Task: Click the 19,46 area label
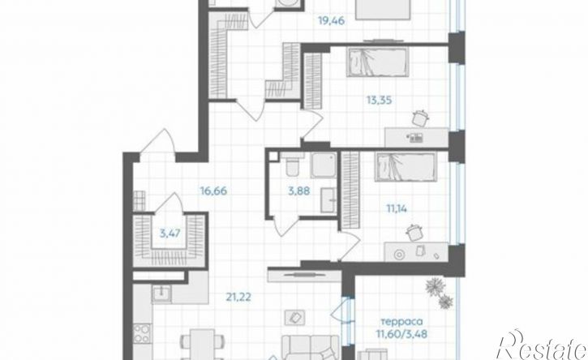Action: point(331,20)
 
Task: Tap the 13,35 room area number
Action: point(379,100)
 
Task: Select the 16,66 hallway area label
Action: point(213,191)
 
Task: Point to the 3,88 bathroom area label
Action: point(299,191)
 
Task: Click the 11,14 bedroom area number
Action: point(397,208)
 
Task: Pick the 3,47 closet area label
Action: point(170,234)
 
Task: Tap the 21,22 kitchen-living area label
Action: point(238,298)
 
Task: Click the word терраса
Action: point(401,322)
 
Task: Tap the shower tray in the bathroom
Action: point(324,165)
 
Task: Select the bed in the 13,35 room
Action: point(377,62)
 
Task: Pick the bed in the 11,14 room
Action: point(406,166)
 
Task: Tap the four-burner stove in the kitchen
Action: point(142,333)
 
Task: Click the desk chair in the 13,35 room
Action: point(419,118)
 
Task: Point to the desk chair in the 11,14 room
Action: point(414,233)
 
